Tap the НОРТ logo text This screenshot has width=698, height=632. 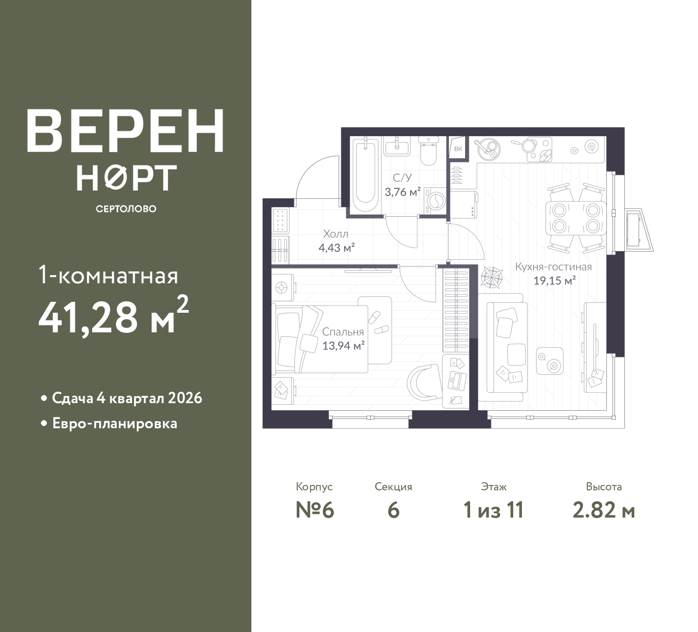point(127,178)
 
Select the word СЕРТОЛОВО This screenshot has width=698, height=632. point(126,209)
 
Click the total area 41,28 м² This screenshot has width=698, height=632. point(113,315)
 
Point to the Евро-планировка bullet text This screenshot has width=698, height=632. point(115,424)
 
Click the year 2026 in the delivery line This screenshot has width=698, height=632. point(185,398)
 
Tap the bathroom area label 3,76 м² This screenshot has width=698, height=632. point(402,192)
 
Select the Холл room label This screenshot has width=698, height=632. point(335,234)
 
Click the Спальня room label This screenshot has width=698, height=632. point(343,332)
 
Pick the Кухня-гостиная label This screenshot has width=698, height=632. point(553,267)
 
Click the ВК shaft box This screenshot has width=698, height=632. point(458,149)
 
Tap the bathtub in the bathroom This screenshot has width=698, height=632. point(365,174)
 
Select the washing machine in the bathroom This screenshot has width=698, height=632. point(434,201)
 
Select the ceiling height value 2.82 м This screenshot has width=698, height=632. point(604,511)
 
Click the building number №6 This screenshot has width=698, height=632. point(315,511)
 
